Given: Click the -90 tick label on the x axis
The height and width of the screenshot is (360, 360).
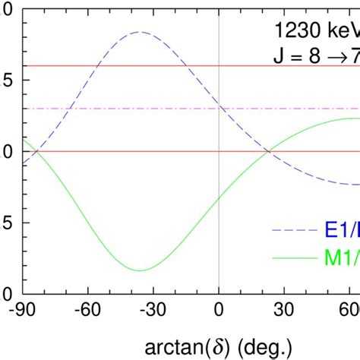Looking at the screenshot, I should (x=22, y=311).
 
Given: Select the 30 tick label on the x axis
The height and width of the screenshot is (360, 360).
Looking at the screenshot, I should (x=284, y=311).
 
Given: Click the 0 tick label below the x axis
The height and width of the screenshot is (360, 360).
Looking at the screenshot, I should (x=219, y=311).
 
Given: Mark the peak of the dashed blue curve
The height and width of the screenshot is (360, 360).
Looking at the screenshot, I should (x=140, y=32).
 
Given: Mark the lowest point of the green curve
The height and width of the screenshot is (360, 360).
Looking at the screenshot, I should (x=140, y=270).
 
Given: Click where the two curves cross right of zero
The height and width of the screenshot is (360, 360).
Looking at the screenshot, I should (x=269, y=151).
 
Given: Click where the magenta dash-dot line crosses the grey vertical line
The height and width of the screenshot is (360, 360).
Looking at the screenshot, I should (x=219, y=109).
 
